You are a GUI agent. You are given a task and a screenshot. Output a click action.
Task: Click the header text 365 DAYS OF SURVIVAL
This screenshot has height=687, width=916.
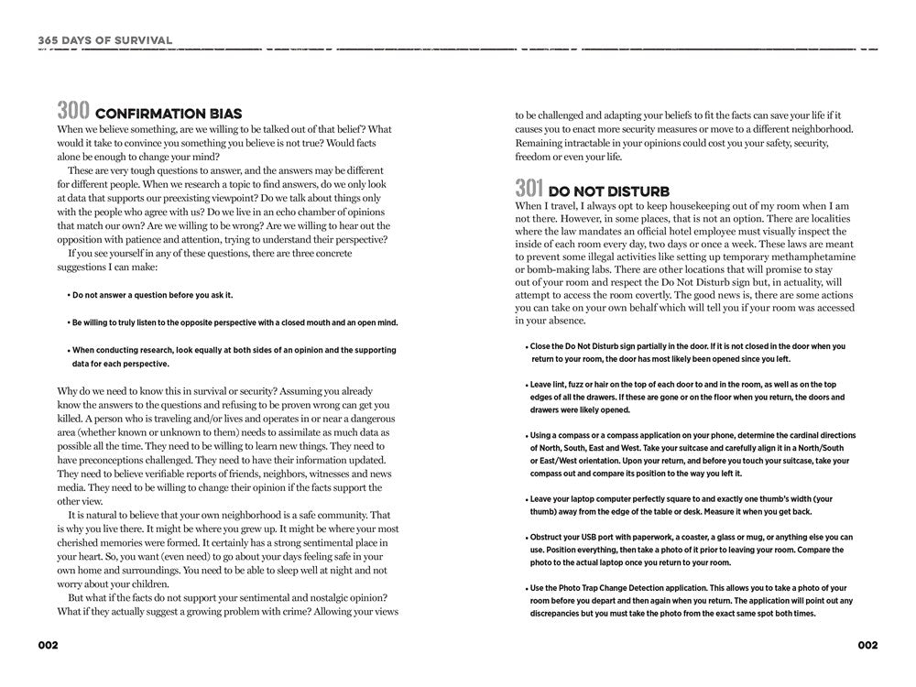(105, 39)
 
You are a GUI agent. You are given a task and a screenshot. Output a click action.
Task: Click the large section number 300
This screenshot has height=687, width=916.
(73, 112)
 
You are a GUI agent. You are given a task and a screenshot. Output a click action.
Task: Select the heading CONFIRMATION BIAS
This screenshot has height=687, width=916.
(169, 114)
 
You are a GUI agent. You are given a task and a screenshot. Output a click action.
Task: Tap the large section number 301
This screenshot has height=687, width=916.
(529, 189)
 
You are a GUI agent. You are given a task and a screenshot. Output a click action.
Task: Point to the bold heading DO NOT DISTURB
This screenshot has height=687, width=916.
(609, 191)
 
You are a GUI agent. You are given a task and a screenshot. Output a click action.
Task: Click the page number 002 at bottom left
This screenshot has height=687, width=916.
(48, 645)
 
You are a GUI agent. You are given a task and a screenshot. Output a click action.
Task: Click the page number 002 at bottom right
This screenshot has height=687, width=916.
(867, 645)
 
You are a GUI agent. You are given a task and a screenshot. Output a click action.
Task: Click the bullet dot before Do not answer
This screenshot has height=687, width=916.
(69, 295)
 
